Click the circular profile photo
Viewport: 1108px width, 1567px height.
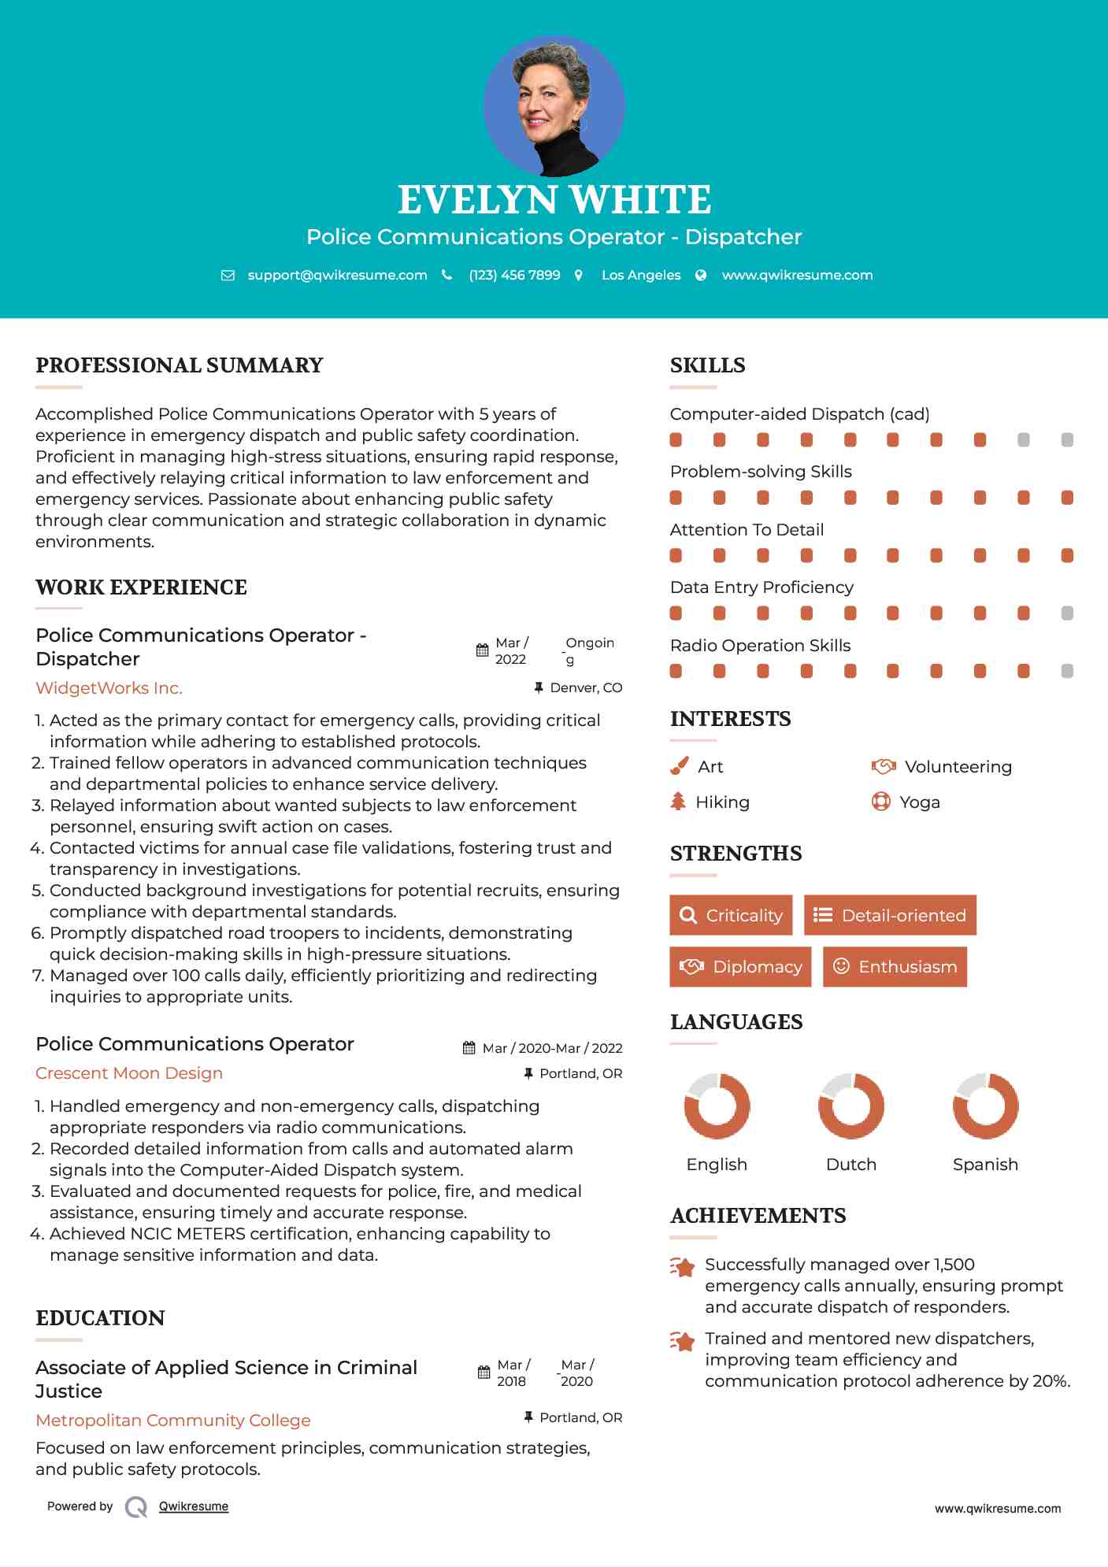(x=554, y=106)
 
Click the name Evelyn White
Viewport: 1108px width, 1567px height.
(x=554, y=200)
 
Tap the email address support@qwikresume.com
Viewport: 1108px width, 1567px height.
(x=337, y=275)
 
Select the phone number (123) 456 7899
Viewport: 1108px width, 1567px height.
(x=514, y=275)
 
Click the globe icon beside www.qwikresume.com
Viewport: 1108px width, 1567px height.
(x=701, y=275)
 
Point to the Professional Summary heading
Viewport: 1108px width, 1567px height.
(x=180, y=365)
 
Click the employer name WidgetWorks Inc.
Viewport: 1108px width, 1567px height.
(x=109, y=688)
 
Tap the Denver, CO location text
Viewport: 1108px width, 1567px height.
(x=586, y=688)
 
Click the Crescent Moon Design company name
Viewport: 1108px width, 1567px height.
(x=129, y=1073)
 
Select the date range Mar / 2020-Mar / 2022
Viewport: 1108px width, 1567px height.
(x=552, y=1048)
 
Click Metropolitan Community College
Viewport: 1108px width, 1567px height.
(x=173, y=1421)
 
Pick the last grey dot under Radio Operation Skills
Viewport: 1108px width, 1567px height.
(x=1067, y=671)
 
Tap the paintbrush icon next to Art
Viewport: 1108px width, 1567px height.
(x=679, y=766)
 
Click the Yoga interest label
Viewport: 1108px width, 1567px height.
(x=920, y=802)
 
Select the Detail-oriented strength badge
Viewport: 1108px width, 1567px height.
(x=890, y=915)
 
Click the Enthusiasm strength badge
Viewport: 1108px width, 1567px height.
(x=895, y=966)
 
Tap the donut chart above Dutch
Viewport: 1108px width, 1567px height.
(x=851, y=1106)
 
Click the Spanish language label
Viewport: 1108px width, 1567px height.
(x=985, y=1165)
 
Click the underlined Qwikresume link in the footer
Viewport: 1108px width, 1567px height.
(x=194, y=1506)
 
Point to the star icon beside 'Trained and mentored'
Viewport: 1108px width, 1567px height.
(x=682, y=1340)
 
